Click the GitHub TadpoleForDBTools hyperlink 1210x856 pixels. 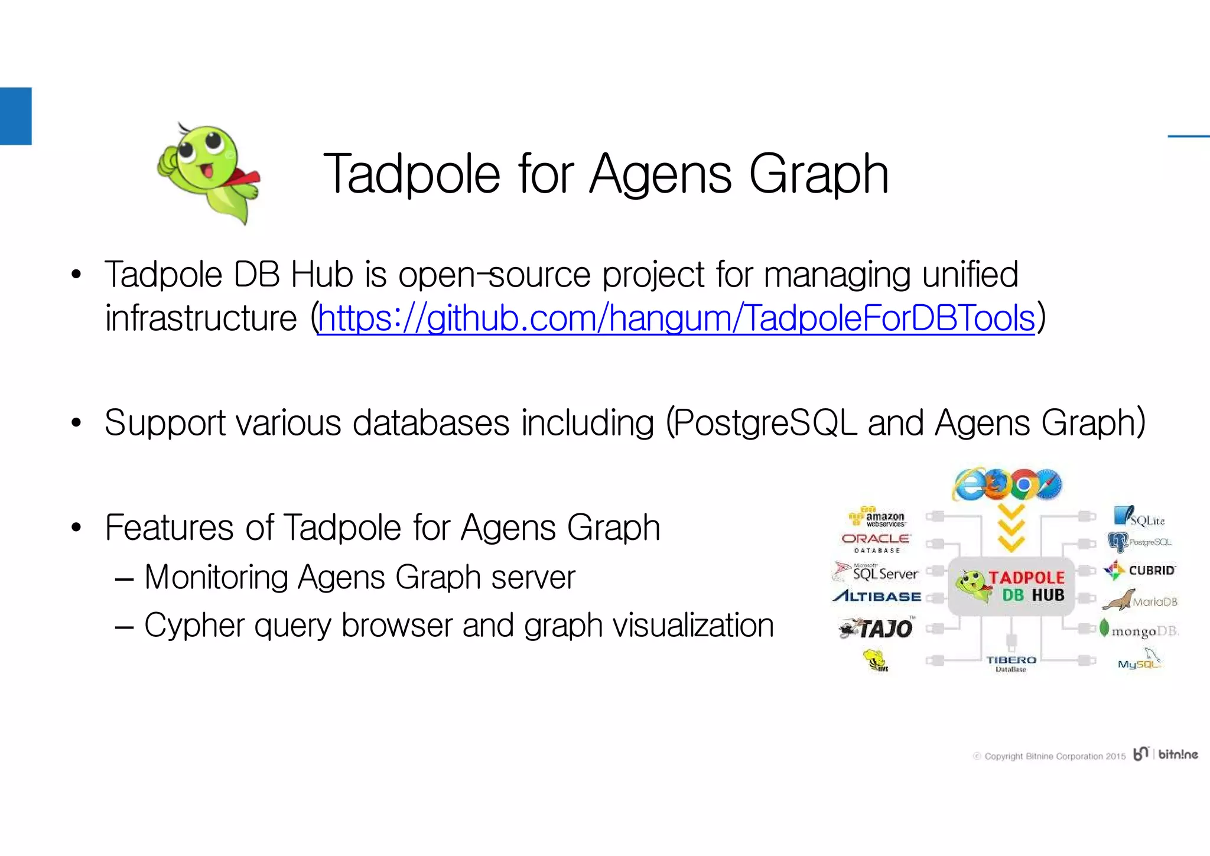pyautogui.click(x=676, y=318)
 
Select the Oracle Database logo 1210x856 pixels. pyautogui.click(x=876, y=542)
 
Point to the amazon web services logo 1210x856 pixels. pyautogui.click(x=877, y=518)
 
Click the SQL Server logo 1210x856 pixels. pyautogui.click(x=876, y=572)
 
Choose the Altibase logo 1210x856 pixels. pyautogui.click(x=877, y=596)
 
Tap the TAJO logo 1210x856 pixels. pyautogui.click(x=877, y=628)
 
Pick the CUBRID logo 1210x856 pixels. pyautogui.click(x=1140, y=570)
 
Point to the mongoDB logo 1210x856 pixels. pyautogui.click(x=1139, y=630)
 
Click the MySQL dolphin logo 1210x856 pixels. pyautogui.click(x=1140, y=660)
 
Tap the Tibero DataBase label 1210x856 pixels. pyautogui.click(x=1011, y=663)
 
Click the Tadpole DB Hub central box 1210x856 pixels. pyautogui.click(x=1011, y=587)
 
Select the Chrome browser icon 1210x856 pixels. pyautogui.click(x=1024, y=484)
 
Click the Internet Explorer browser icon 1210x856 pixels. pyautogui.click(x=969, y=484)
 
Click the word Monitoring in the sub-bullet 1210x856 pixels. pyautogui.click(x=215, y=577)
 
